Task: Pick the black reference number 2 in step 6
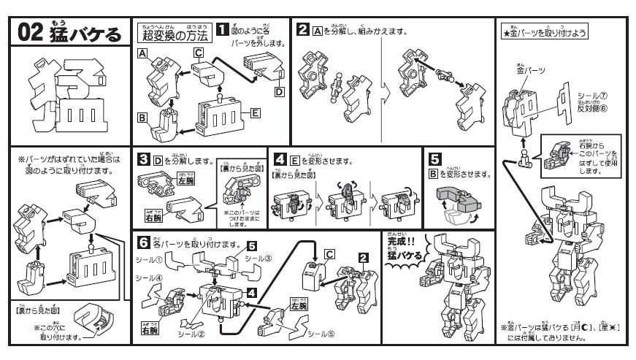[362, 258]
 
